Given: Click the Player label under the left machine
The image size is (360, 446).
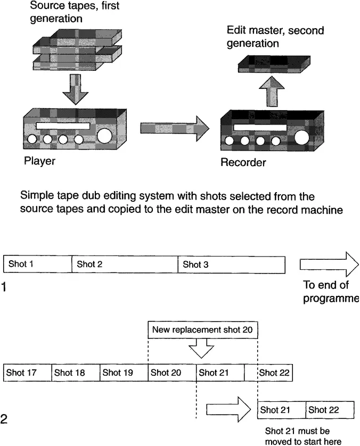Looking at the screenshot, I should point(39,160).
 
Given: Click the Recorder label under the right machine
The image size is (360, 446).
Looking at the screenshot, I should point(243,162).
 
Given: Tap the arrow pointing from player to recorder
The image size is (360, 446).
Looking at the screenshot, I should point(174,129).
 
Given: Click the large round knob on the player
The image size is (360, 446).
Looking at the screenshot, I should point(104,135).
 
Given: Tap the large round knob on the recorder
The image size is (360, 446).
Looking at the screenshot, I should point(302,137).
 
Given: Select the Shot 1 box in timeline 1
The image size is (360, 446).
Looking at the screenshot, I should point(37,265).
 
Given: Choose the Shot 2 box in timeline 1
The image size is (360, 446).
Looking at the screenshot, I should point(125,265).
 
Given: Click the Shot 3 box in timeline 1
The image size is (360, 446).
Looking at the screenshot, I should point(231,265).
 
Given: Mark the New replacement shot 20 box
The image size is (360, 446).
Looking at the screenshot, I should point(202,330).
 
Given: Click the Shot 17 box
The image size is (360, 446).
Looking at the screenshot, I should point(27,373).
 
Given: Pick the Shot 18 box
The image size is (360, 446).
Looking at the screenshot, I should point(76,373).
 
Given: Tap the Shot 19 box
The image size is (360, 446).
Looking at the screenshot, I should point(124,373).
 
